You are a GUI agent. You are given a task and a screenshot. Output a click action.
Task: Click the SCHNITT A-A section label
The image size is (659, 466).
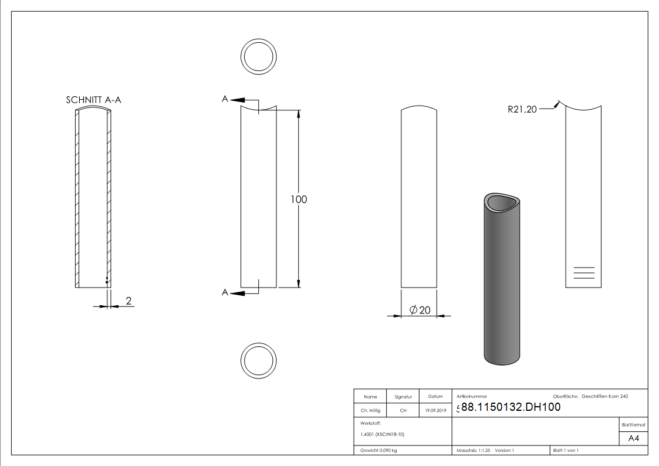coord(93,100)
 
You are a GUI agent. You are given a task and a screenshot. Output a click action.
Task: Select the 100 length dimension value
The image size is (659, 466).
coord(299,200)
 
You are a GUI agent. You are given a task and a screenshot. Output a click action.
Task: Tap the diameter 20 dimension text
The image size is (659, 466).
coord(421,310)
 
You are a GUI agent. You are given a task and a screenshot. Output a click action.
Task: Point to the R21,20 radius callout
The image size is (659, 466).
coord(522,109)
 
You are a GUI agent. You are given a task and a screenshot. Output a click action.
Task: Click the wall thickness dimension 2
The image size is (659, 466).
coord(129,302)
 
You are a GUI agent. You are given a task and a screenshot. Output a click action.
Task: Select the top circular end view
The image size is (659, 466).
coord(259,58)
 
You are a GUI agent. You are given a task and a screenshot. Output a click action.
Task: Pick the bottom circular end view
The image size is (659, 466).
coord(259,359)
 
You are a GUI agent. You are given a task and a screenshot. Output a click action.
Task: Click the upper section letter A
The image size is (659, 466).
coord(224,100)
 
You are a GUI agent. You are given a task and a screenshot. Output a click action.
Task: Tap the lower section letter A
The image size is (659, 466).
coord(224,292)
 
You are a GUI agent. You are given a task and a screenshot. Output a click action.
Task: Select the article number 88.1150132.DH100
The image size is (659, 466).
coord(511,407)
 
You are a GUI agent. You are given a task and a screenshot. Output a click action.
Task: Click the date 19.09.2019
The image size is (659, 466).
coord(435,411)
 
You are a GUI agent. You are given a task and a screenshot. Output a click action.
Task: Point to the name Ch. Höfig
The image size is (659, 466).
coord(370,411)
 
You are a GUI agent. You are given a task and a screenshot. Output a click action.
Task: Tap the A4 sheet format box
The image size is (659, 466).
coord(634,438)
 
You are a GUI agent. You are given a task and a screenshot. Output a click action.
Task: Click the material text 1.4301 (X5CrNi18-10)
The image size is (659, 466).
coord(383,434)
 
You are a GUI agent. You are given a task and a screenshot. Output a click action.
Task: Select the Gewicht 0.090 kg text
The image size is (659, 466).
coord(379,451)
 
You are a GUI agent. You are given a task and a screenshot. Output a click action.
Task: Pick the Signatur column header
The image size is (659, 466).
coord(403,397)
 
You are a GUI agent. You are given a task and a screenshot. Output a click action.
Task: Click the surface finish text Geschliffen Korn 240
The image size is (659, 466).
coord(604,397)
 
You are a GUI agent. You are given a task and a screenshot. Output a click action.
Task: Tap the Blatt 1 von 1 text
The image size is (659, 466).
coord(566,451)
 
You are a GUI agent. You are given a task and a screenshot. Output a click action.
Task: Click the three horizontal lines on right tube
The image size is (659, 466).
coord(583,273)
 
